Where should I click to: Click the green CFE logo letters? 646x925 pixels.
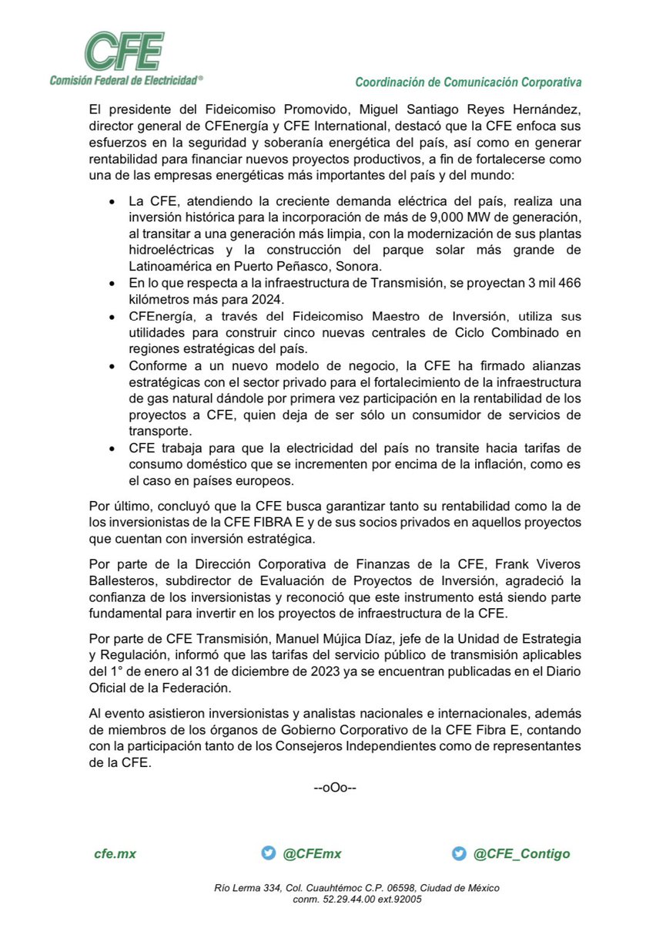124,51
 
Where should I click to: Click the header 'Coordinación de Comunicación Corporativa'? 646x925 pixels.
468,82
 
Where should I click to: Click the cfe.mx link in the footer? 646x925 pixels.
115,853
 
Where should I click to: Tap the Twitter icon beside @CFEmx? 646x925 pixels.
268,853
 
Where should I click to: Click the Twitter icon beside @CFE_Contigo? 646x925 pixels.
459,853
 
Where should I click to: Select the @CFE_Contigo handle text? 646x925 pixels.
521,853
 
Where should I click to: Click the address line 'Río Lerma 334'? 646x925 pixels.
248,889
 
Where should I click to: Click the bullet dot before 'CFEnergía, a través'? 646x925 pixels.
114,318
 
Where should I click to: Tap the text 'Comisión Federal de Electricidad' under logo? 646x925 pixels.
126,79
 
